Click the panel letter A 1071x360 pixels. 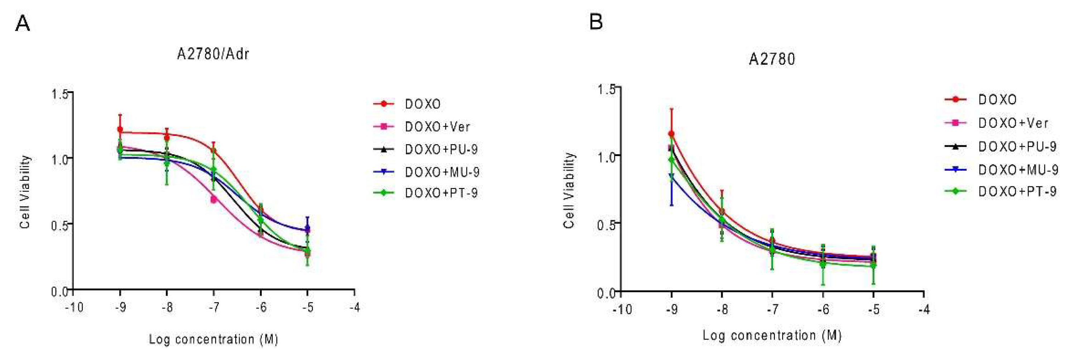click(23, 24)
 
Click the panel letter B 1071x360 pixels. click(596, 21)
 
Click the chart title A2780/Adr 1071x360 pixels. click(213, 54)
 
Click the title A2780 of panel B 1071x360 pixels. click(772, 59)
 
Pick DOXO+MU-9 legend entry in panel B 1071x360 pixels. click(1018, 170)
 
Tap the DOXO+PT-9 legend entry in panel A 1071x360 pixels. click(441, 193)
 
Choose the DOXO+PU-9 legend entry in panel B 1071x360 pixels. click(1017, 147)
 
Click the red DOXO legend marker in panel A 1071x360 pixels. click(384, 103)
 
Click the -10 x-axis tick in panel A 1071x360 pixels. click(74, 308)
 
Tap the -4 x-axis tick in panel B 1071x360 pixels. click(923, 310)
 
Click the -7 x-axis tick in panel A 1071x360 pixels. click(213, 308)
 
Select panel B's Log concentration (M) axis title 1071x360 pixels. click(772, 335)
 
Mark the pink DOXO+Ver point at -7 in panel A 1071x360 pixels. click(214, 200)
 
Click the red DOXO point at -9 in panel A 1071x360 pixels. click(120, 130)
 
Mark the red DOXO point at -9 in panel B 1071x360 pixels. click(671, 134)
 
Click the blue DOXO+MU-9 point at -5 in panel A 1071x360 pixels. click(307, 229)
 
